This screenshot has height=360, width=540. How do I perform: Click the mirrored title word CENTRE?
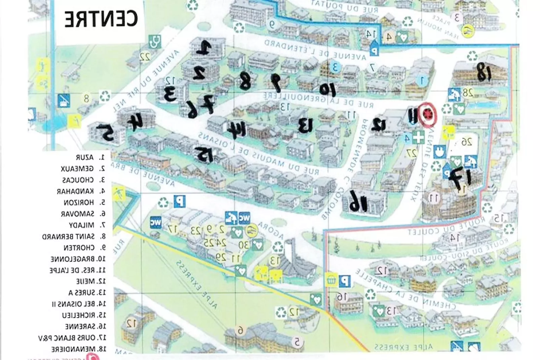[x=101, y=19]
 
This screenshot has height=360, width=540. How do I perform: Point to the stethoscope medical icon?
[x=155, y=41]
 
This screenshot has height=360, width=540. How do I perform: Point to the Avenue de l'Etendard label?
[x=315, y=50]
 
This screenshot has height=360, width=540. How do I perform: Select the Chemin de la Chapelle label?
[x=405, y=288]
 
